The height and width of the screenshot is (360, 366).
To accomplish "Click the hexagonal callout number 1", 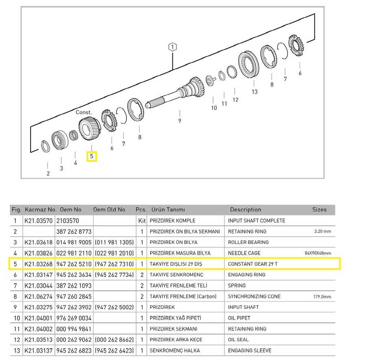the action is (172, 47).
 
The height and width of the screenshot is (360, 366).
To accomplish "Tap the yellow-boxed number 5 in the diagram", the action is (91, 156).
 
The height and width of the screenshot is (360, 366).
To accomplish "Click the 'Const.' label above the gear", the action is (84, 112).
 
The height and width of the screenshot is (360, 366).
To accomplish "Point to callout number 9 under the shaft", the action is (179, 121).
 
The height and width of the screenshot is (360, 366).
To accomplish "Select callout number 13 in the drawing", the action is (255, 92).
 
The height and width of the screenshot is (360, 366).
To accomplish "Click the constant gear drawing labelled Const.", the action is (89, 129).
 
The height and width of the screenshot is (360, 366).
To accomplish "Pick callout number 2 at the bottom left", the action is (48, 173).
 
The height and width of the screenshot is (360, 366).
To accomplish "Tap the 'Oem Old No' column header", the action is (109, 209).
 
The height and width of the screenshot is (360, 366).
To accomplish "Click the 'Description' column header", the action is (246, 209).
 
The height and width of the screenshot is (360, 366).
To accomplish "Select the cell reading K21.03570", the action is (39, 220).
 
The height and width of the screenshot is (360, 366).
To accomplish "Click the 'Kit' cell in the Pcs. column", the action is (142, 220).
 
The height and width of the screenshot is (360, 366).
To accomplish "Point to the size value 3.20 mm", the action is (322, 231).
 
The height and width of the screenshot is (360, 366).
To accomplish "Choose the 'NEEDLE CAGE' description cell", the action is (244, 253).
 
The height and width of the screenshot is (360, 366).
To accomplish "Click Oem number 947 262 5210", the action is (74, 264).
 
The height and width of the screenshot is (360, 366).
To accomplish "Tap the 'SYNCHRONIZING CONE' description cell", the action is (254, 297).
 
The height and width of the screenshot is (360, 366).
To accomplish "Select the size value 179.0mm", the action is (322, 297).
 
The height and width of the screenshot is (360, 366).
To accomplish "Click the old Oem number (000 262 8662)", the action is (114, 340).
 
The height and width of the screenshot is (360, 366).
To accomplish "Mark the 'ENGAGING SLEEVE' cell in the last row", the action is (250, 351).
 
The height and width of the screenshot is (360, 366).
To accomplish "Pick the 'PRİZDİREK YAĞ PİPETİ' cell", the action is (175, 318).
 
